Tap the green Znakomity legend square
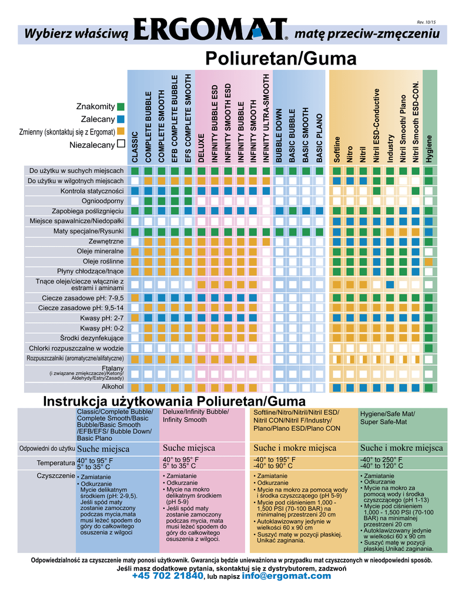coord(121,107)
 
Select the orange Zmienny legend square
coord(121,131)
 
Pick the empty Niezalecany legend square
coord(121,144)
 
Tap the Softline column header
coord(337,149)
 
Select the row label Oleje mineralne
coord(100,251)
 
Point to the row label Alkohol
coord(112,387)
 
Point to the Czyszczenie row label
coord(56,475)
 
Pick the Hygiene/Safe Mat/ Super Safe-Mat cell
coord(387,418)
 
